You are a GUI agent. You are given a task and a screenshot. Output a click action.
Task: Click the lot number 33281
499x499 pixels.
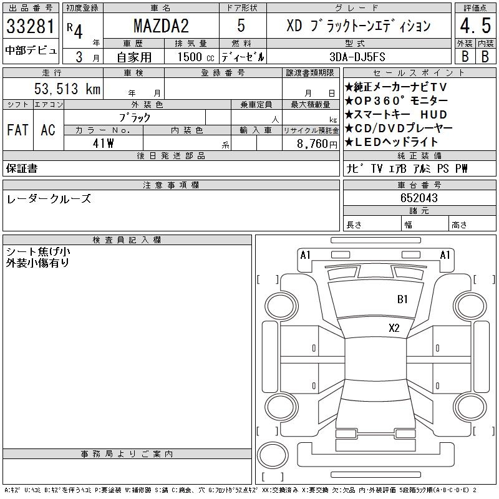(x=31, y=26)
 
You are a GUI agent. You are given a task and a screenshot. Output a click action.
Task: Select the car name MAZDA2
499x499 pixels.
(x=161, y=26)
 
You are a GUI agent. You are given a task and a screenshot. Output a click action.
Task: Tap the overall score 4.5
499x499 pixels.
(x=475, y=26)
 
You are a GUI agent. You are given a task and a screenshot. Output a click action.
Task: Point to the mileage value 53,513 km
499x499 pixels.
(x=67, y=89)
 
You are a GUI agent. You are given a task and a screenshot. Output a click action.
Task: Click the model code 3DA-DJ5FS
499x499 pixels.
(x=357, y=57)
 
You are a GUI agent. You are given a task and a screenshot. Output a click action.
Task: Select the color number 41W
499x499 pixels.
(x=103, y=143)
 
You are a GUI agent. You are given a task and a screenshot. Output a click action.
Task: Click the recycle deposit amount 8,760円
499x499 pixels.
(x=317, y=144)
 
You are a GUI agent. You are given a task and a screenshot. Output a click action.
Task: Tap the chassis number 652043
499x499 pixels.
(x=419, y=198)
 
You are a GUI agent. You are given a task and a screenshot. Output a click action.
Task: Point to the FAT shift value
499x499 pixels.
(x=17, y=130)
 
